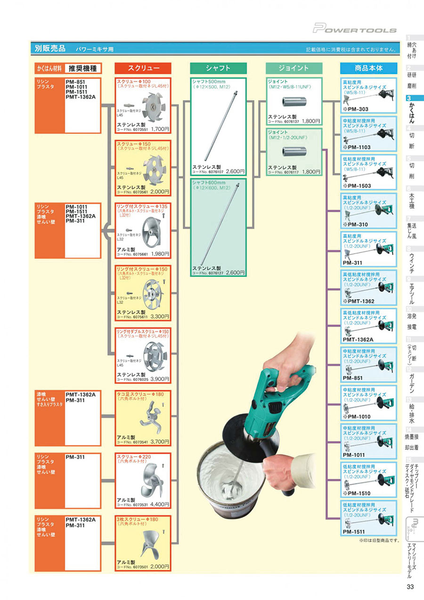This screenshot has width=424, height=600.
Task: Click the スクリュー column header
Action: tap(143, 68)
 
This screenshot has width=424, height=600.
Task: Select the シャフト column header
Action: tap(219, 68)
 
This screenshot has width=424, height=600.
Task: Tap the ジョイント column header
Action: tap(294, 68)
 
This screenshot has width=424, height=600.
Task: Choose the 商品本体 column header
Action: tap(368, 68)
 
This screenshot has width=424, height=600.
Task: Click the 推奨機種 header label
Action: tap(82, 68)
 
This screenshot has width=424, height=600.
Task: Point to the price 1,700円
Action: tap(160, 128)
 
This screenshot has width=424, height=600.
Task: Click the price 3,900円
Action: tap(160, 379)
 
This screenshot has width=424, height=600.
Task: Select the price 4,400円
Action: tap(160, 504)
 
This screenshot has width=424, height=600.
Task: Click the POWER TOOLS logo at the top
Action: tap(355, 29)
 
